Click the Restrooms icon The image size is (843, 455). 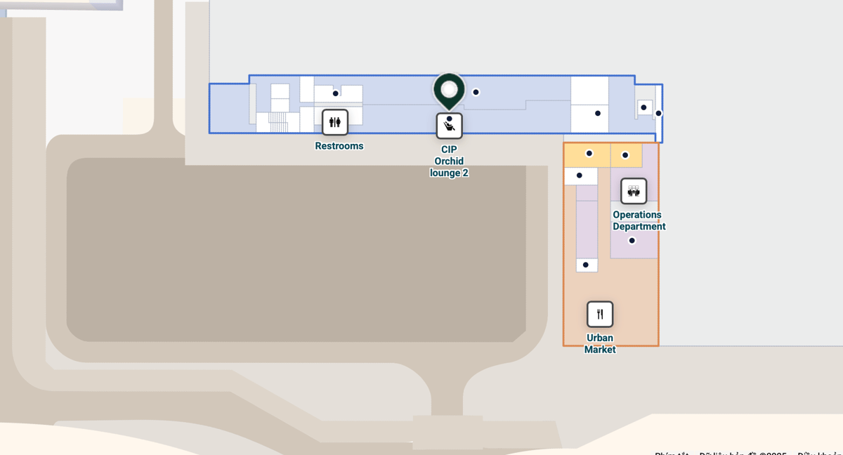tap(335, 122)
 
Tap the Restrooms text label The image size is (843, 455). tap(339, 146)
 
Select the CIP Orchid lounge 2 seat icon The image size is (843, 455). tap(449, 126)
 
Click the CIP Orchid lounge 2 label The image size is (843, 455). tap(449, 161)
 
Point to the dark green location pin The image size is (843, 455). tap(449, 91)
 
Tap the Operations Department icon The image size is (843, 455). tap(634, 191)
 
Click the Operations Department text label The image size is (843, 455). tap(639, 220)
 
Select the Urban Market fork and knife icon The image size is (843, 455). tap(600, 314)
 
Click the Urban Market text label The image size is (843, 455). tap(600, 343)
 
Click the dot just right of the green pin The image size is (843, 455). tap(476, 92)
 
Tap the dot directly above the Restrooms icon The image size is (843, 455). tap(335, 93)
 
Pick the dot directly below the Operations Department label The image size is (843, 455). tap(632, 241)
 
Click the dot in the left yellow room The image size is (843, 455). tap(589, 153)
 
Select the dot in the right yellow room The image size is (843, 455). tap(625, 155)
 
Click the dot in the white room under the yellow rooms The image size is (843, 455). tap(579, 176)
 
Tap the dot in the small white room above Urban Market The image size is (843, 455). tap(585, 265)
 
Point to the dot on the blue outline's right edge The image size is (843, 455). tap(658, 113)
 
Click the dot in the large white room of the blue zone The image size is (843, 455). tap(598, 113)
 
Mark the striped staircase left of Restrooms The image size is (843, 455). tap(279, 123)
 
